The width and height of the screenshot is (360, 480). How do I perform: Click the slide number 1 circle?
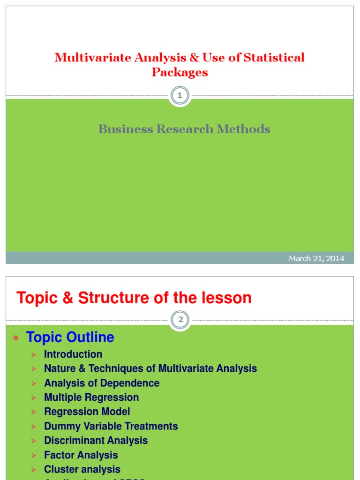(x=180, y=96)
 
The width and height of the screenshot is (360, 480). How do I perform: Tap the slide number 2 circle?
(x=180, y=320)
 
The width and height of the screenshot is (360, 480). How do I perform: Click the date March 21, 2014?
(x=316, y=258)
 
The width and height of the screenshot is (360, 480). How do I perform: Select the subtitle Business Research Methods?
(x=184, y=129)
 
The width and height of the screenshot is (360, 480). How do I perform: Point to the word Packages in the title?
(x=180, y=72)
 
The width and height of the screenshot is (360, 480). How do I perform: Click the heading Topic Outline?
(x=70, y=337)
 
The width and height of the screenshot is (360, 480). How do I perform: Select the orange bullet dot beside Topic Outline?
(x=17, y=337)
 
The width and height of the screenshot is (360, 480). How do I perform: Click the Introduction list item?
(x=73, y=354)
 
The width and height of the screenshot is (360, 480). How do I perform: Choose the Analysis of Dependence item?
(x=102, y=383)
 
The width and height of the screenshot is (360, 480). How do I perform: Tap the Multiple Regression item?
(x=91, y=397)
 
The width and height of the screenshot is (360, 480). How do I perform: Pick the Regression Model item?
(x=87, y=412)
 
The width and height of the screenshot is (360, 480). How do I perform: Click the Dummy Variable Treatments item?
(x=111, y=426)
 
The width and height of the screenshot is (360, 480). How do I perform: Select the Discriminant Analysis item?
(x=96, y=441)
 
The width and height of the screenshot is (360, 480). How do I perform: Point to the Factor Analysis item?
(x=81, y=455)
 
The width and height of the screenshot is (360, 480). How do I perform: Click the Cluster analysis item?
(x=82, y=469)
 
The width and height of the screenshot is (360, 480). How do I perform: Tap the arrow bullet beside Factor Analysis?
(x=34, y=455)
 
